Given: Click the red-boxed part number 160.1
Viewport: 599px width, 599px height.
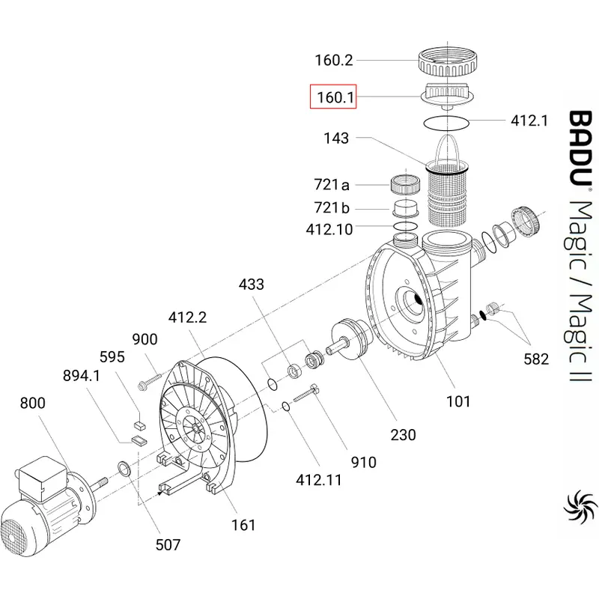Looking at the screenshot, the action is point(335,97).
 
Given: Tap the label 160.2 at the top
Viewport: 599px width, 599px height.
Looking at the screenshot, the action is point(334,61).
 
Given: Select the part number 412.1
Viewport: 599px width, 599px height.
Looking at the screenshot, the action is point(529,121).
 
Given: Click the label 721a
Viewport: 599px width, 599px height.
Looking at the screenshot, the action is point(332,184).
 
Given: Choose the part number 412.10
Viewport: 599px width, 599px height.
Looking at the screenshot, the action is point(329,229).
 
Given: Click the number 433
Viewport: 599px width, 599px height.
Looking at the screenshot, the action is point(252,285).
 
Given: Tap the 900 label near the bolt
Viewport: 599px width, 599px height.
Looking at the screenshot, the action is point(145,339).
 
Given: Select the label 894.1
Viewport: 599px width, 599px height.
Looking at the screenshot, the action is point(82,376).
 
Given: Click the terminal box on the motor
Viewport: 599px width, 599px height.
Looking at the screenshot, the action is point(43,478).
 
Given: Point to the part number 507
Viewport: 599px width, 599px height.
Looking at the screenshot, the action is point(168,545).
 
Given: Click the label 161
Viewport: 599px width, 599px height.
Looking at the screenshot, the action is point(243,525).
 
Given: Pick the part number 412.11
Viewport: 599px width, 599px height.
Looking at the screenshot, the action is point(319,480).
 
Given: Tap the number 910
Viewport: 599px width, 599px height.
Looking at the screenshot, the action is point(364,462).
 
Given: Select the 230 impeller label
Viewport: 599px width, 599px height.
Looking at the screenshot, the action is point(403,435).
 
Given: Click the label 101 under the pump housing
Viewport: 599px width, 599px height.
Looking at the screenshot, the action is point(458,401).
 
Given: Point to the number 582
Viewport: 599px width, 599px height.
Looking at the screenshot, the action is point(536,359).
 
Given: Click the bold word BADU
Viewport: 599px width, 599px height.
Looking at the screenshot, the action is point(580,148).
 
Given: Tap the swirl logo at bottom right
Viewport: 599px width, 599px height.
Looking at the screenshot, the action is point(580,508).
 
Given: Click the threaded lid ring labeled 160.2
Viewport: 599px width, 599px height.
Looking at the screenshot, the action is point(447,62).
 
